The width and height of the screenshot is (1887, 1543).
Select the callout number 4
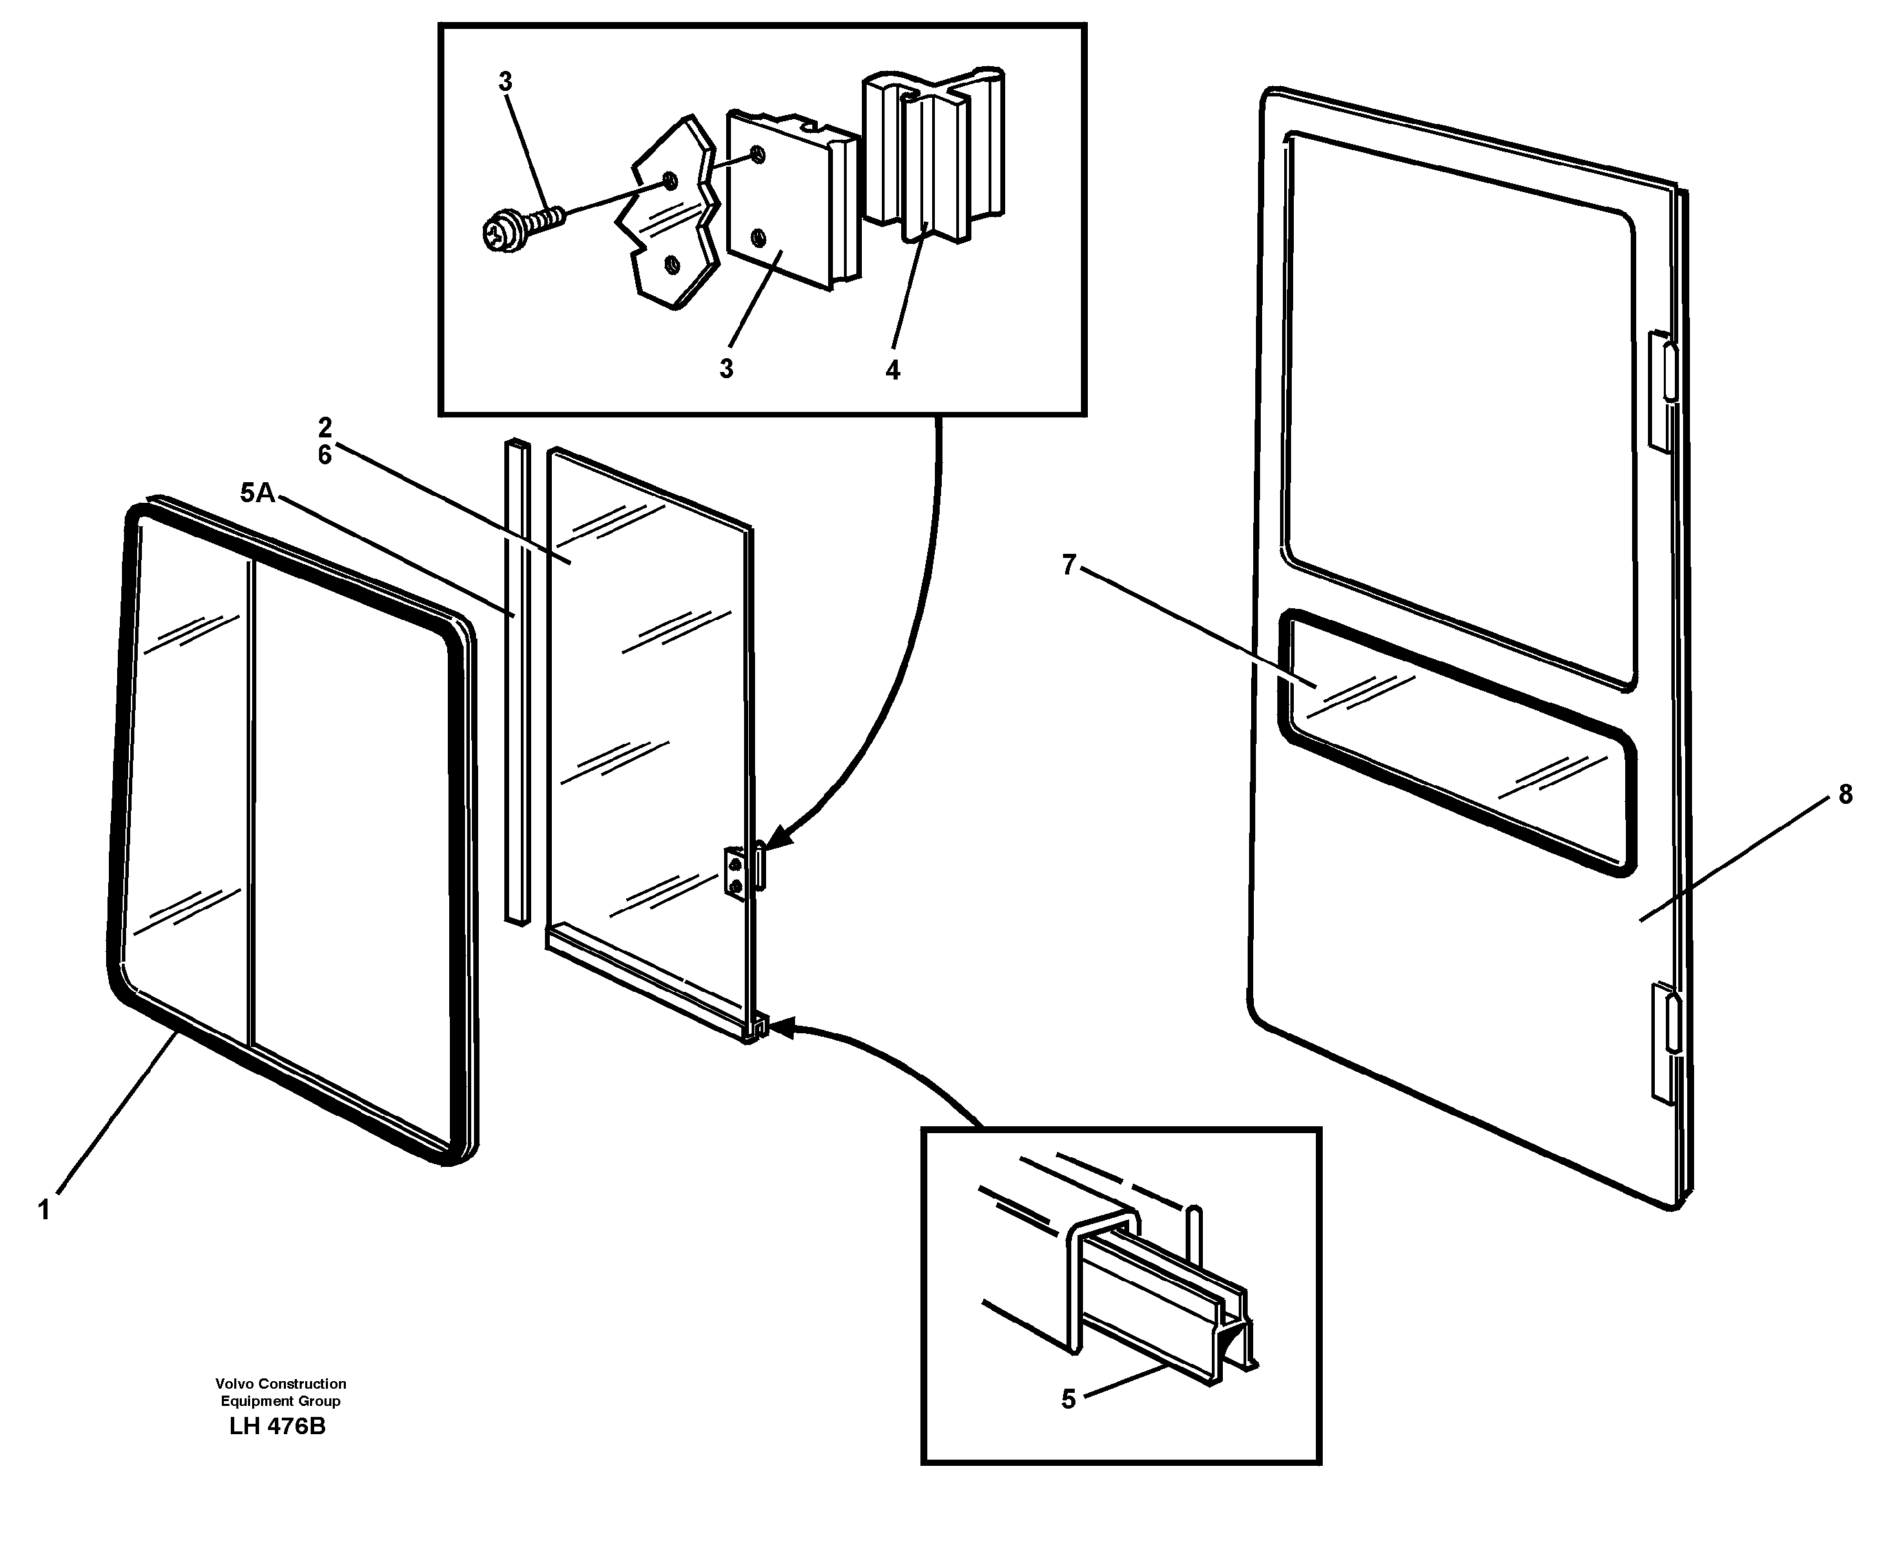tap(892, 370)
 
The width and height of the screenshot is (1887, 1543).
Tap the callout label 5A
tap(257, 493)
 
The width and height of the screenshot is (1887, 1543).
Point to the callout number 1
tap(43, 1210)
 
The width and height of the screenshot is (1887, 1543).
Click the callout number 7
tap(1069, 563)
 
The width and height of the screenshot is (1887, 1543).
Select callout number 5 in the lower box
tap(1069, 1399)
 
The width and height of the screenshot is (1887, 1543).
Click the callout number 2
tap(324, 428)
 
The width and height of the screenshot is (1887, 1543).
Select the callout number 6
tap(324, 455)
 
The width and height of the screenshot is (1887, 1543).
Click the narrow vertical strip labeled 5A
tap(517, 680)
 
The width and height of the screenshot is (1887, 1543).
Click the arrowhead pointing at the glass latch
tap(775, 837)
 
